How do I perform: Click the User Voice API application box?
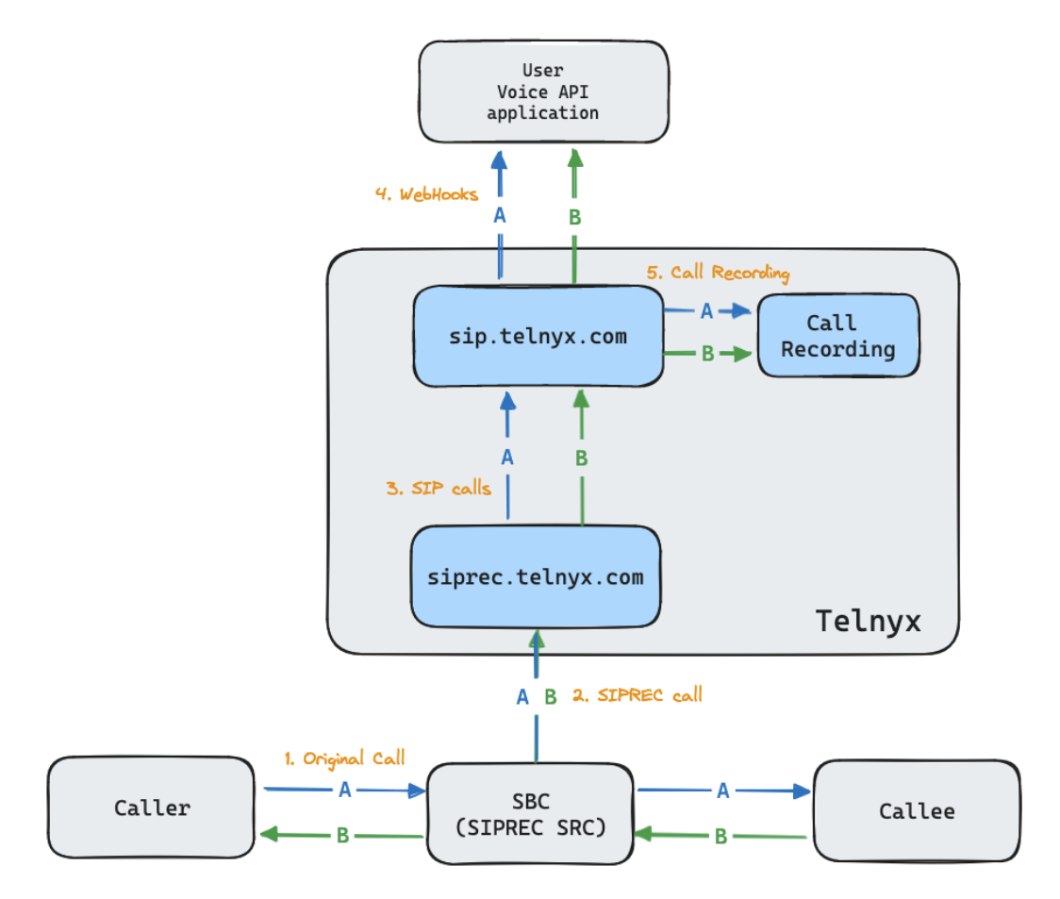[x=542, y=92]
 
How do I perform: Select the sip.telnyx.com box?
[x=538, y=337]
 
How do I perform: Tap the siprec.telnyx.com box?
[x=535, y=576]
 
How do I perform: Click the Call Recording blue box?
[x=837, y=336]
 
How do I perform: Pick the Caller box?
[x=152, y=808]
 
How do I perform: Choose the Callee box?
[x=916, y=811]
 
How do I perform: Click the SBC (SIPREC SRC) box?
[x=530, y=813]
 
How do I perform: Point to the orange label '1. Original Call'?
[x=344, y=758]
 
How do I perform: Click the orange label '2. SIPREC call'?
[x=638, y=696]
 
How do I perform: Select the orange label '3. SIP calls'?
[x=439, y=489]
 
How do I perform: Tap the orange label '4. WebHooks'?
[x=426, y=194]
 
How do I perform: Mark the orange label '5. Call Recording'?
[x=718, y=273]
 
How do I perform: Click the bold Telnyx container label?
[x=867, y=621]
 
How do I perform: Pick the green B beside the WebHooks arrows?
[x=574, y=218]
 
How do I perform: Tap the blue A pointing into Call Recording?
[x=706, y=311]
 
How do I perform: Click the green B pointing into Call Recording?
[x=706, y=355]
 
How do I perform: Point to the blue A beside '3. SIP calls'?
[x=507, y=458]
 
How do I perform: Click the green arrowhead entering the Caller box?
[x=267, y=834]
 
